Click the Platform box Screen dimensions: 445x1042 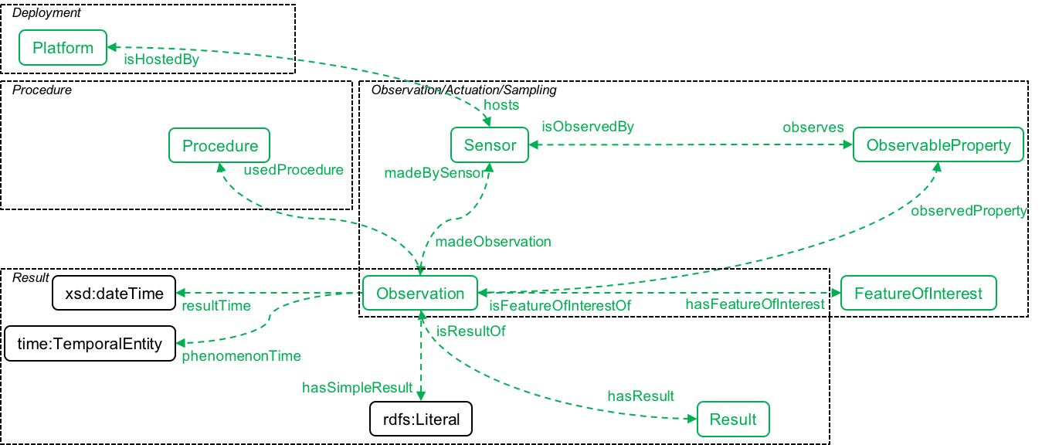coord(63,48)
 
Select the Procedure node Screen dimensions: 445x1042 coord(219,145)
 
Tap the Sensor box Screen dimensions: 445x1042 coord(490,145)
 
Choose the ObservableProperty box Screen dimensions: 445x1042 coord(938,145)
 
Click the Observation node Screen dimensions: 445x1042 coord(420,294)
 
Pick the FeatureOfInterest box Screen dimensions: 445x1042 coord(918,294)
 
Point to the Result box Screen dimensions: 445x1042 coord(733,420)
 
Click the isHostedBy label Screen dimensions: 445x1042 coord(161,60)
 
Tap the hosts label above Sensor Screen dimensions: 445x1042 coord(501,104)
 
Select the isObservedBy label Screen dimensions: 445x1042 coord(587,127)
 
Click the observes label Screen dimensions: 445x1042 coord(813,127)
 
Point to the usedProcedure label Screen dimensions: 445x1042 coord(293,169)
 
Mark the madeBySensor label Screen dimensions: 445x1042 coord(437,173)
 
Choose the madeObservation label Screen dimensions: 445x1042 coord(493,242)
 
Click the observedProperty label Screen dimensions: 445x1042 coord(969,211)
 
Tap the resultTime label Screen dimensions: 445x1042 coord(216,306)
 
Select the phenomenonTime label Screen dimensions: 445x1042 coord(241,356)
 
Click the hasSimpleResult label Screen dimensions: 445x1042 coord(357,388)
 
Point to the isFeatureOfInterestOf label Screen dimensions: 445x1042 coord(560,306)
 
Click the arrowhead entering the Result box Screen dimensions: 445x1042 coord(692,420)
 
